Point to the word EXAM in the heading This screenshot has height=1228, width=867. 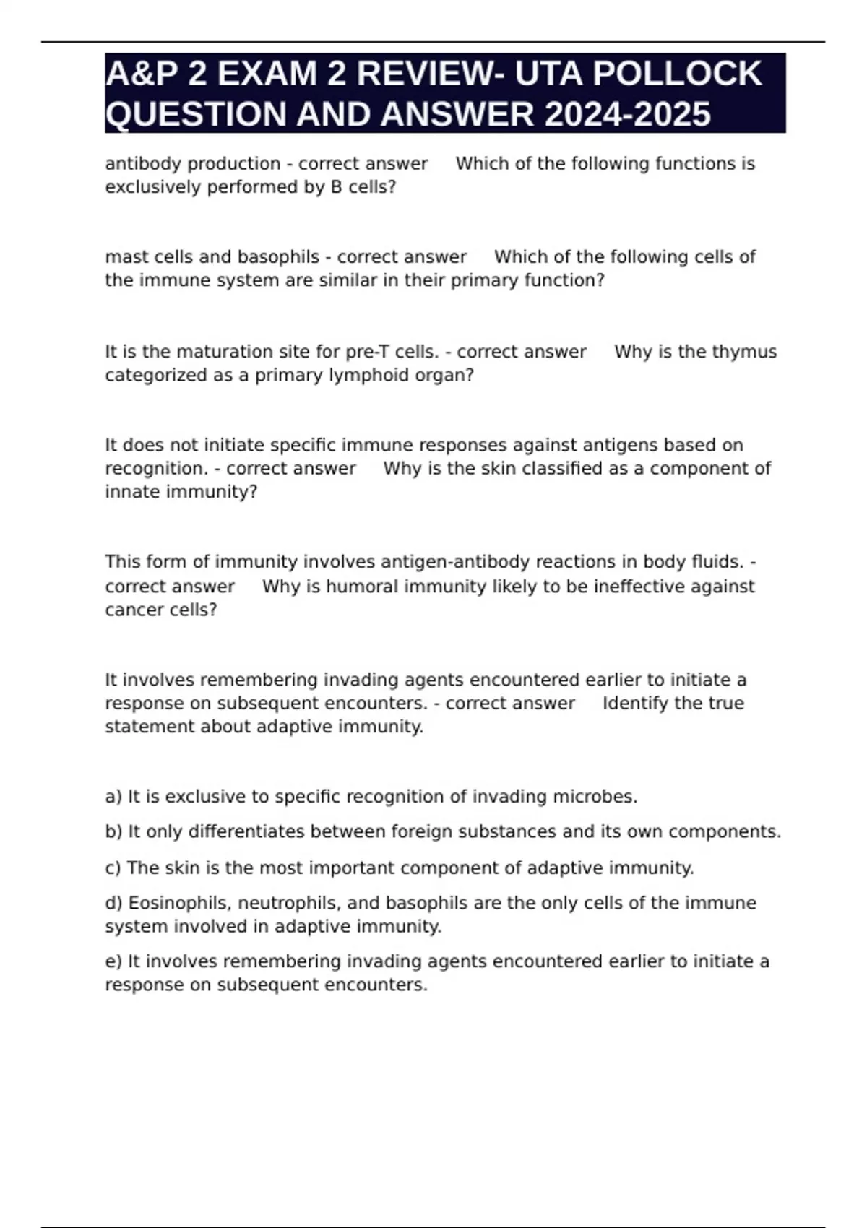(x=274, y=74)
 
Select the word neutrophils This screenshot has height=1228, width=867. (x=278, y=903)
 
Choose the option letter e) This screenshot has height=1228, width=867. (x=113, y=961)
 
